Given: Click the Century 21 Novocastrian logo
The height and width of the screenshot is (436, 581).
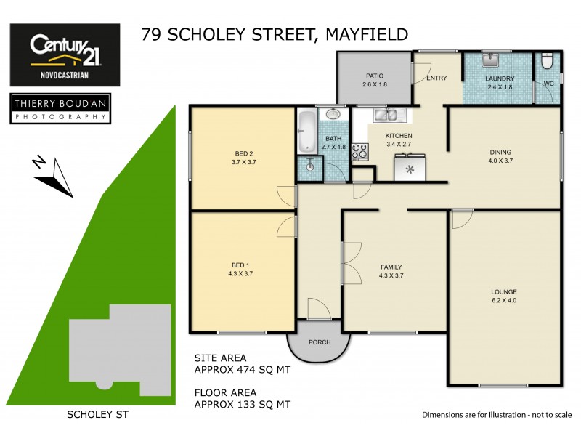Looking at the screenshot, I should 65,54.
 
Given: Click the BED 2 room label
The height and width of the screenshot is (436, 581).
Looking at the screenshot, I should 243,153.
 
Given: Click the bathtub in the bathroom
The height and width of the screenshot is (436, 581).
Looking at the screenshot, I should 306,131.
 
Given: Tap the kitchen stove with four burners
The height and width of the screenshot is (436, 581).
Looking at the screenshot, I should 359,152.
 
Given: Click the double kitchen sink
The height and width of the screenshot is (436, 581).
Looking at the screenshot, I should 385,114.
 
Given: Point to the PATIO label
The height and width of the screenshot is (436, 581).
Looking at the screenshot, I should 373,76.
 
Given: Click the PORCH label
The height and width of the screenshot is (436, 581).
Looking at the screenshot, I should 320,342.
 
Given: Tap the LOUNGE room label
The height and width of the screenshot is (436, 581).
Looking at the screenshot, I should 503,291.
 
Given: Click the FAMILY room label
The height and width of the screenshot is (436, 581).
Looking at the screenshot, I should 391,267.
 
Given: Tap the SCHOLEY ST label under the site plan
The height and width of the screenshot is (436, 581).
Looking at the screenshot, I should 92,415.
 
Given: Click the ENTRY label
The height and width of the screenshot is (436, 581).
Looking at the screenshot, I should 436,78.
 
